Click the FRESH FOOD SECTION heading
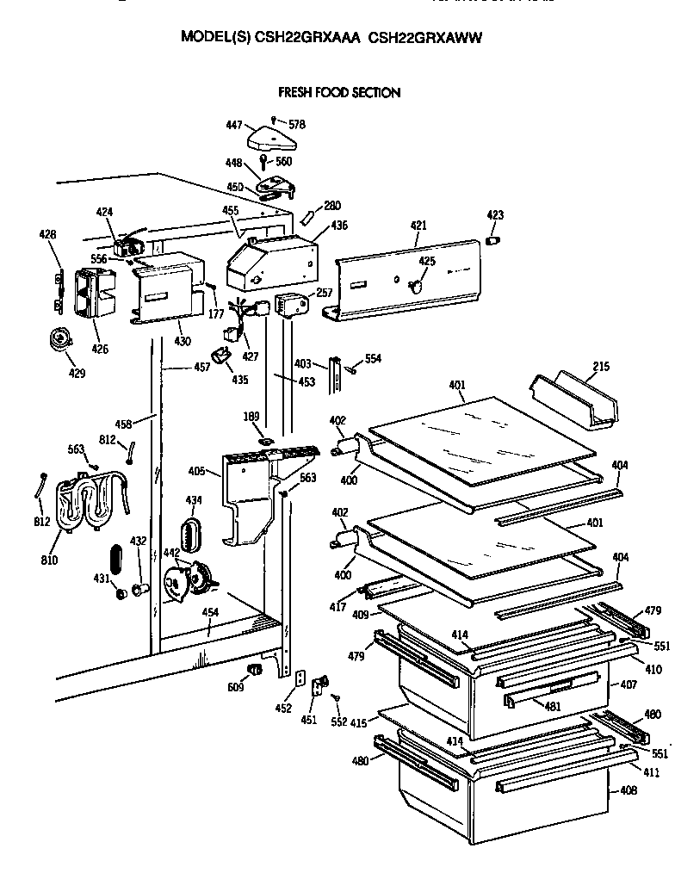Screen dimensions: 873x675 (338, 92)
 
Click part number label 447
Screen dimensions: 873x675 (234, 126)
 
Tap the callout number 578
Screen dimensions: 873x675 (297, 124)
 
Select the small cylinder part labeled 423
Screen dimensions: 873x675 (493, 239)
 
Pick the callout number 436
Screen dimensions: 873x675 (339, 226)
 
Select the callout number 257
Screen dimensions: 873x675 (324, 294)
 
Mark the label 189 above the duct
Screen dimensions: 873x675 (251, 418)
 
